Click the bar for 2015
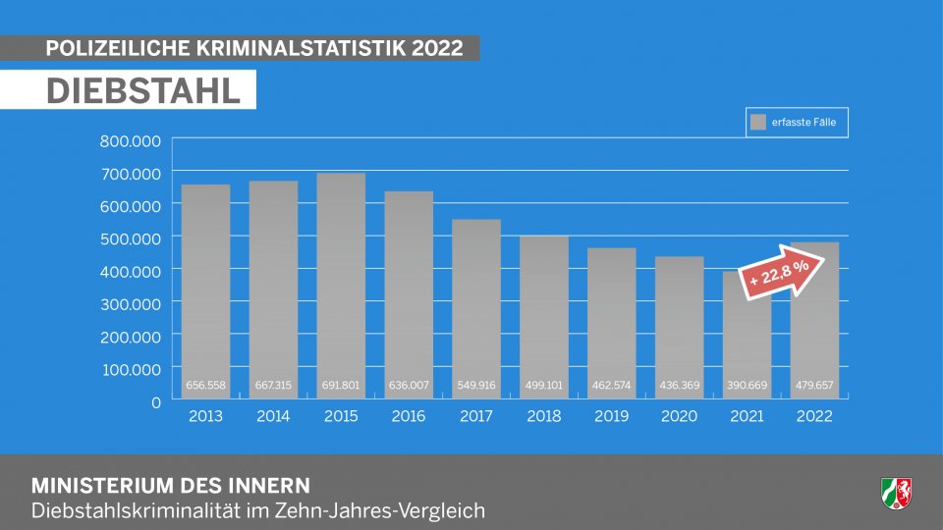(x=341, y=285)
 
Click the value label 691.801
(x=341, y=387)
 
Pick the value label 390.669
(x=747, y=387)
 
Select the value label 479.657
(x=814, y=387)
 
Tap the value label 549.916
(x=476, y=387)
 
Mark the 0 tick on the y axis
(x=155, y=401)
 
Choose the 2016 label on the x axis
(x=409, y=416)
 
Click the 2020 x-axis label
(x=680, y=416)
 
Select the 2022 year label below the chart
(x=814, y=416)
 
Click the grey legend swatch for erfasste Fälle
(x=757, y=123)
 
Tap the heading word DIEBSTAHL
(x=143, y=90)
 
